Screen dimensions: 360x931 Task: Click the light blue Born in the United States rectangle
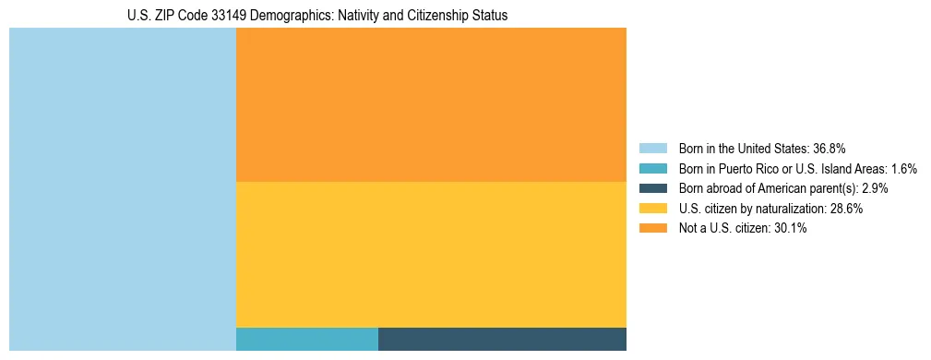click(x=123, y=189)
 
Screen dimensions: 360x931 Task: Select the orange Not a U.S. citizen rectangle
click(x=431, y=104)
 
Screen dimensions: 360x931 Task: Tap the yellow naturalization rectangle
click(x=431, y=254)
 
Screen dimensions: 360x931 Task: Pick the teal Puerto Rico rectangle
click(x=307, y=339)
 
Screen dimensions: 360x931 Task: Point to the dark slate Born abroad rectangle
click(x=502, y=339)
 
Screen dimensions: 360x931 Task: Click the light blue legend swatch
click(x=652, y=149)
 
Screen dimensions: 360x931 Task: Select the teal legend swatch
click(x=652, y=169)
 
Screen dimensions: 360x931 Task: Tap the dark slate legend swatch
click(x=652, y=188)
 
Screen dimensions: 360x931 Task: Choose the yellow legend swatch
click(x=652, y=209)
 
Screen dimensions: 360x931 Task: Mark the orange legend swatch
click(x=652, y=229)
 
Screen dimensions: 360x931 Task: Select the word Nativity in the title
click(x=349, y=16)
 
